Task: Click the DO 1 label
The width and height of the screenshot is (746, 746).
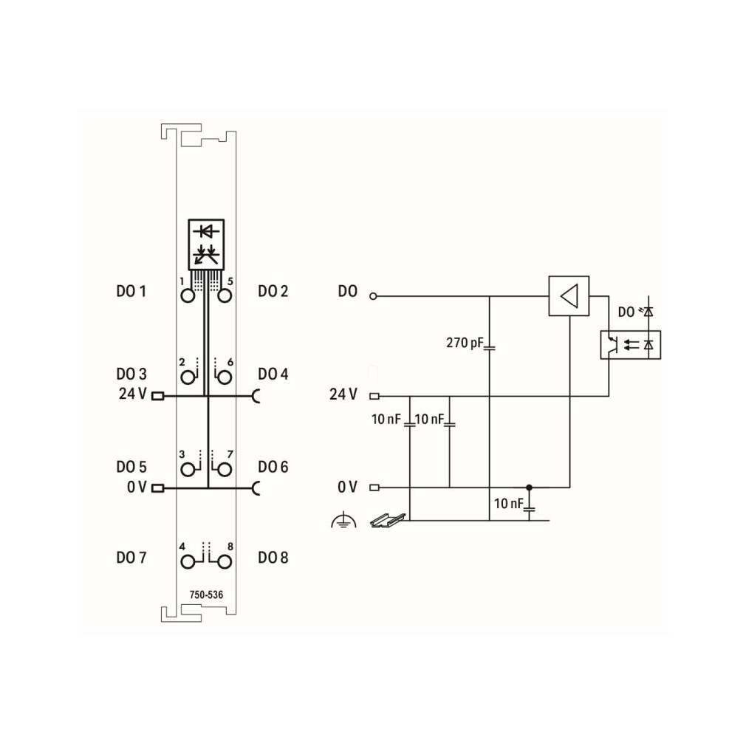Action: pos(131,291)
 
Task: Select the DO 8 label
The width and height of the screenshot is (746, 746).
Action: pos(273,558)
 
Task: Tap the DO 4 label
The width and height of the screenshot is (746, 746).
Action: pos(273,374)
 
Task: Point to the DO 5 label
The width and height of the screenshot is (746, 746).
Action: pos(131,467)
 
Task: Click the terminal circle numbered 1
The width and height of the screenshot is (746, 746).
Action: pos(188,296)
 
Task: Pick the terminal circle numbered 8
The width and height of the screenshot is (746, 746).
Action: pos(225,562)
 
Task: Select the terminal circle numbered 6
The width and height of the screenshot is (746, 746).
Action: pos(225,377)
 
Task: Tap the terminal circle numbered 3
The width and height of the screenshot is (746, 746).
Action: pos(188,470)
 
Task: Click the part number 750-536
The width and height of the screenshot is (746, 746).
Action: pos(206,595)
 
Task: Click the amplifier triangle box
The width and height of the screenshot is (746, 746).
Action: pos(569,296)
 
